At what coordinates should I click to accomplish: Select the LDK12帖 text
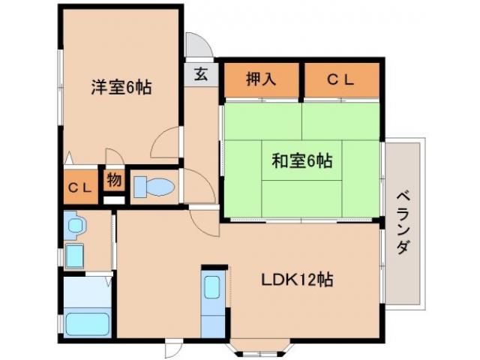click(x=297, y=280)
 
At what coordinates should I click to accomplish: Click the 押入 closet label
click(x=261, y=78)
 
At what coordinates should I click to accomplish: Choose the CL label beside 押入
click(x=340, y=78)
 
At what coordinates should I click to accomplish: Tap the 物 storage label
click(x=113, y=181)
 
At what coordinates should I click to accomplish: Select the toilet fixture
click(x=154, y=186)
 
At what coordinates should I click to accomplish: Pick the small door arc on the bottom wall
click(x=173, y=349)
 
